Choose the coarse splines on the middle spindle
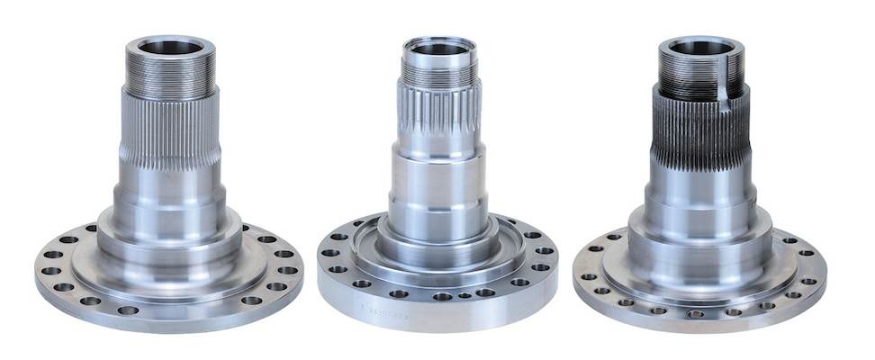coord(440,117)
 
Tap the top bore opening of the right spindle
coord(700,46)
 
